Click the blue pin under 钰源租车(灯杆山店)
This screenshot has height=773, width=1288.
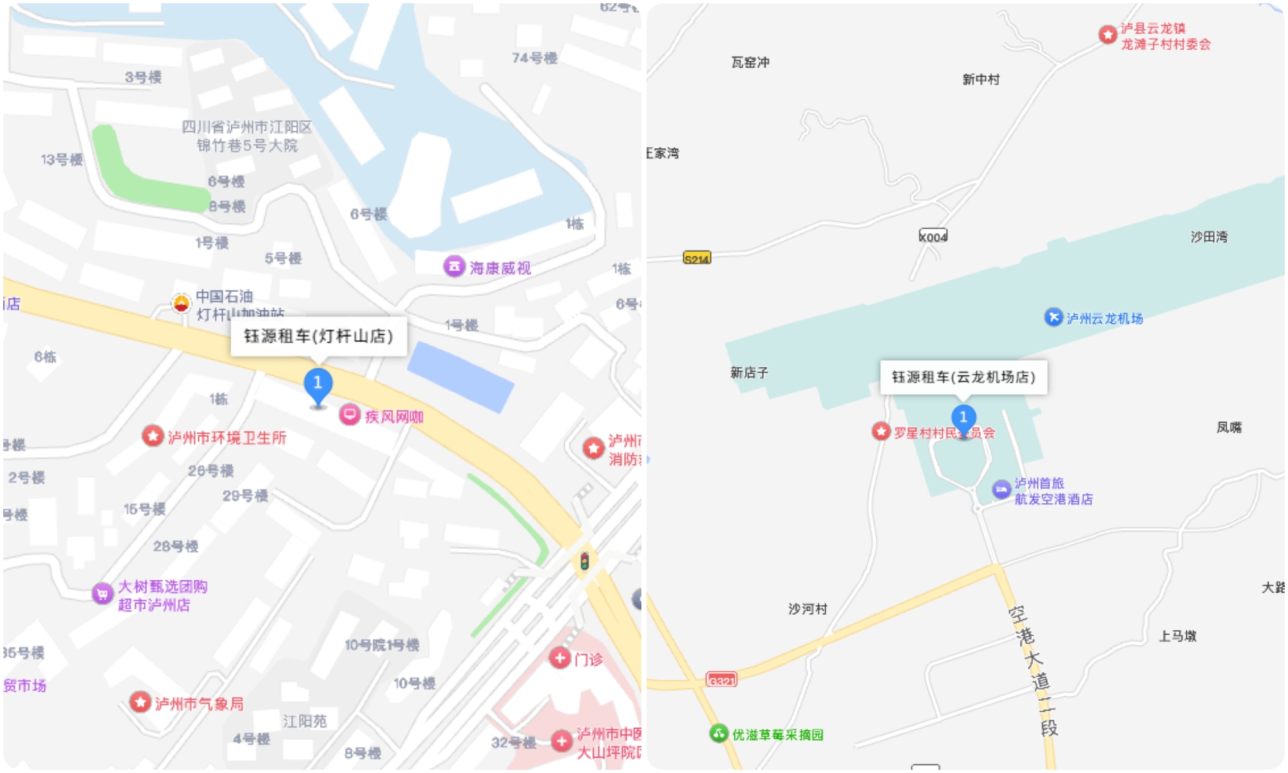pos(317,384)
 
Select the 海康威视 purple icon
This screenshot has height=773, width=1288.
pos(454,266)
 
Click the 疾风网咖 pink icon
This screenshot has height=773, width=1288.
pos(350,414)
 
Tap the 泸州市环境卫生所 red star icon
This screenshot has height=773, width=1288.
pos(153,436)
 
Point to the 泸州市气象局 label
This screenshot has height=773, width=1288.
pos(199,703)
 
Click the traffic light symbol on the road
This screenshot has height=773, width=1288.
pos(584,561)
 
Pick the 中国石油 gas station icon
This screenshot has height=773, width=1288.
pos(182,303)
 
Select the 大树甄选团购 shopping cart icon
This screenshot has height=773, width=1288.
pos(102,593)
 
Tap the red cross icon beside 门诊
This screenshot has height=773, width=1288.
pos(560,658)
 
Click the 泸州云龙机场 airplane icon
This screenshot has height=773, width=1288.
pos(1054,317)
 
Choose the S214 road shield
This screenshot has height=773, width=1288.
pos(697,258)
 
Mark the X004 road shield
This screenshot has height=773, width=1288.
pos(933,236)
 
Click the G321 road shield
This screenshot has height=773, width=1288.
pos(721,680)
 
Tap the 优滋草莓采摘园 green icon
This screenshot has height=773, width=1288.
pos(719,733)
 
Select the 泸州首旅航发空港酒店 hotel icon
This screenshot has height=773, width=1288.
pos(1001,490)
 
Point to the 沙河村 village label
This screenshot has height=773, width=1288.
pos(808,609)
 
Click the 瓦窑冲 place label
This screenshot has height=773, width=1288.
pos(750,62)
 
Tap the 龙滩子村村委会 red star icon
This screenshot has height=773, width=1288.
pos(1108,35)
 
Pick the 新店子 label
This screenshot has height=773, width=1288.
pos(749,372)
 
